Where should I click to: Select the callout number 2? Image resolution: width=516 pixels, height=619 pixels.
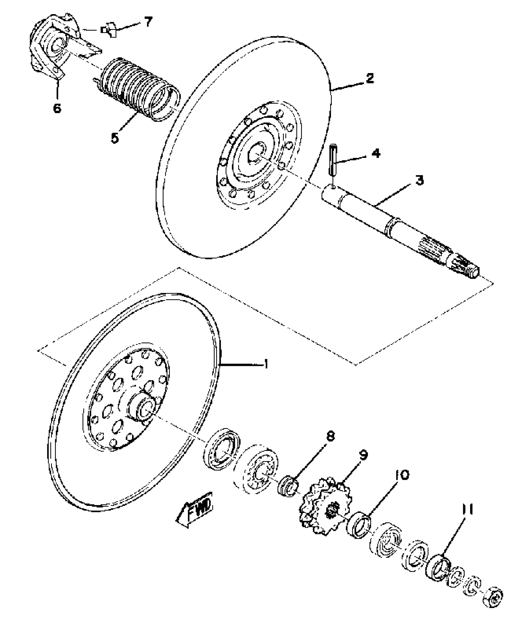point(369,79)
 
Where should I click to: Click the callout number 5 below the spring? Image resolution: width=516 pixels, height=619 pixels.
point(115,138)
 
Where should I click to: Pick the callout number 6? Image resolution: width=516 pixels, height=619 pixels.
point(57,108)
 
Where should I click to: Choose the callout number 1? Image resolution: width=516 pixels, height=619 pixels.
point(266,363)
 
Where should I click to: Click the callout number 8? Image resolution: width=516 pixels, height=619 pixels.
point(330,437)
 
